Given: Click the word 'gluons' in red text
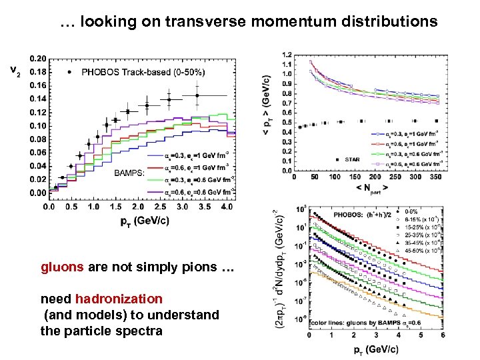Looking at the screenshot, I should pyautogui.click(x=62, y=267).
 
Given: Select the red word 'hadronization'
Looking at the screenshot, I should pyautogui.click(x=119, y=299).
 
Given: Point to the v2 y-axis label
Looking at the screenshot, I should pyautogui.click(x=14, y=69).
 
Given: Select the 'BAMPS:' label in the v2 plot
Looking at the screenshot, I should pyautogui.click(x=129, y=173).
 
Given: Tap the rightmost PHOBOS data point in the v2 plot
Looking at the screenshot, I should pyautogui.click(x=197, y=95).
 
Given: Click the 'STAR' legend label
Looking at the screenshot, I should pyautogui.click(x=353, y=160).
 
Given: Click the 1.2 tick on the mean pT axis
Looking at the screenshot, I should pyautogui.click(x=286, y=54).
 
